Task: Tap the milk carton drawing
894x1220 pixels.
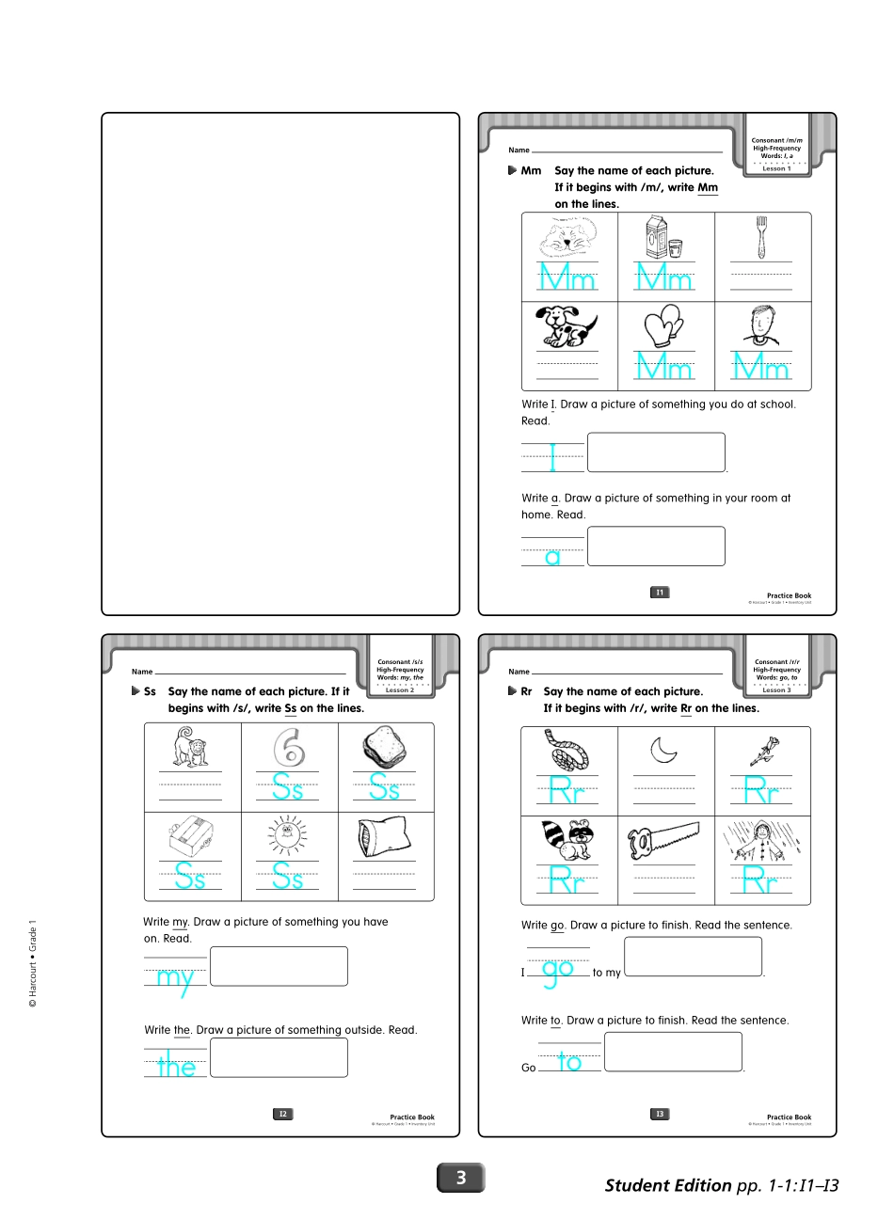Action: tap(663, 236)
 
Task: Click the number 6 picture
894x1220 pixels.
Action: tap(289, 748)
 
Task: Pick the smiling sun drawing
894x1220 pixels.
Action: tap(287, 836)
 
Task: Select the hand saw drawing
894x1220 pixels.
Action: tap(663, 838)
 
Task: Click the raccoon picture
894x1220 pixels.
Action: tap(567, 839)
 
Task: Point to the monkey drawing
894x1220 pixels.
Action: tap(191, 747)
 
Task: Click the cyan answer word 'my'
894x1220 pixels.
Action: tap(175, 978)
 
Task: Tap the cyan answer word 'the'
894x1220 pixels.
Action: tap(177, 1067)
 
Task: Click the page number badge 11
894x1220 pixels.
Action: tap(660, 593)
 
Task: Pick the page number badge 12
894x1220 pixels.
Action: tap(282, 1114)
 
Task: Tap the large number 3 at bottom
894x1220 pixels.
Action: tap(461, 1178)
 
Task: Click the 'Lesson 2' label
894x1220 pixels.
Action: tap(400, 690)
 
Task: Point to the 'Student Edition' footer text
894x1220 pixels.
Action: tap(667, 1185)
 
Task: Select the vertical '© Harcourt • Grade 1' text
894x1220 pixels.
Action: tap(33, 963)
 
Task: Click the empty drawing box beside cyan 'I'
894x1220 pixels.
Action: tap(656, 452)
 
